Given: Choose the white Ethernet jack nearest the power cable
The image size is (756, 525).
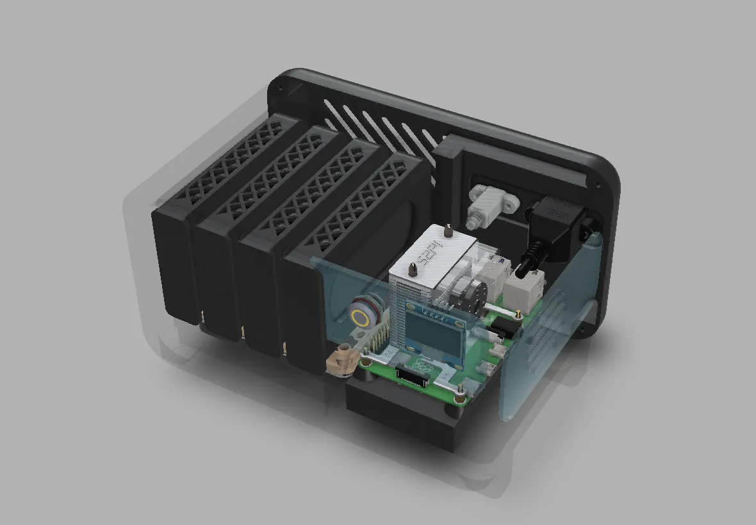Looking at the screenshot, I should pyautogui.click(x=524, y=288).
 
